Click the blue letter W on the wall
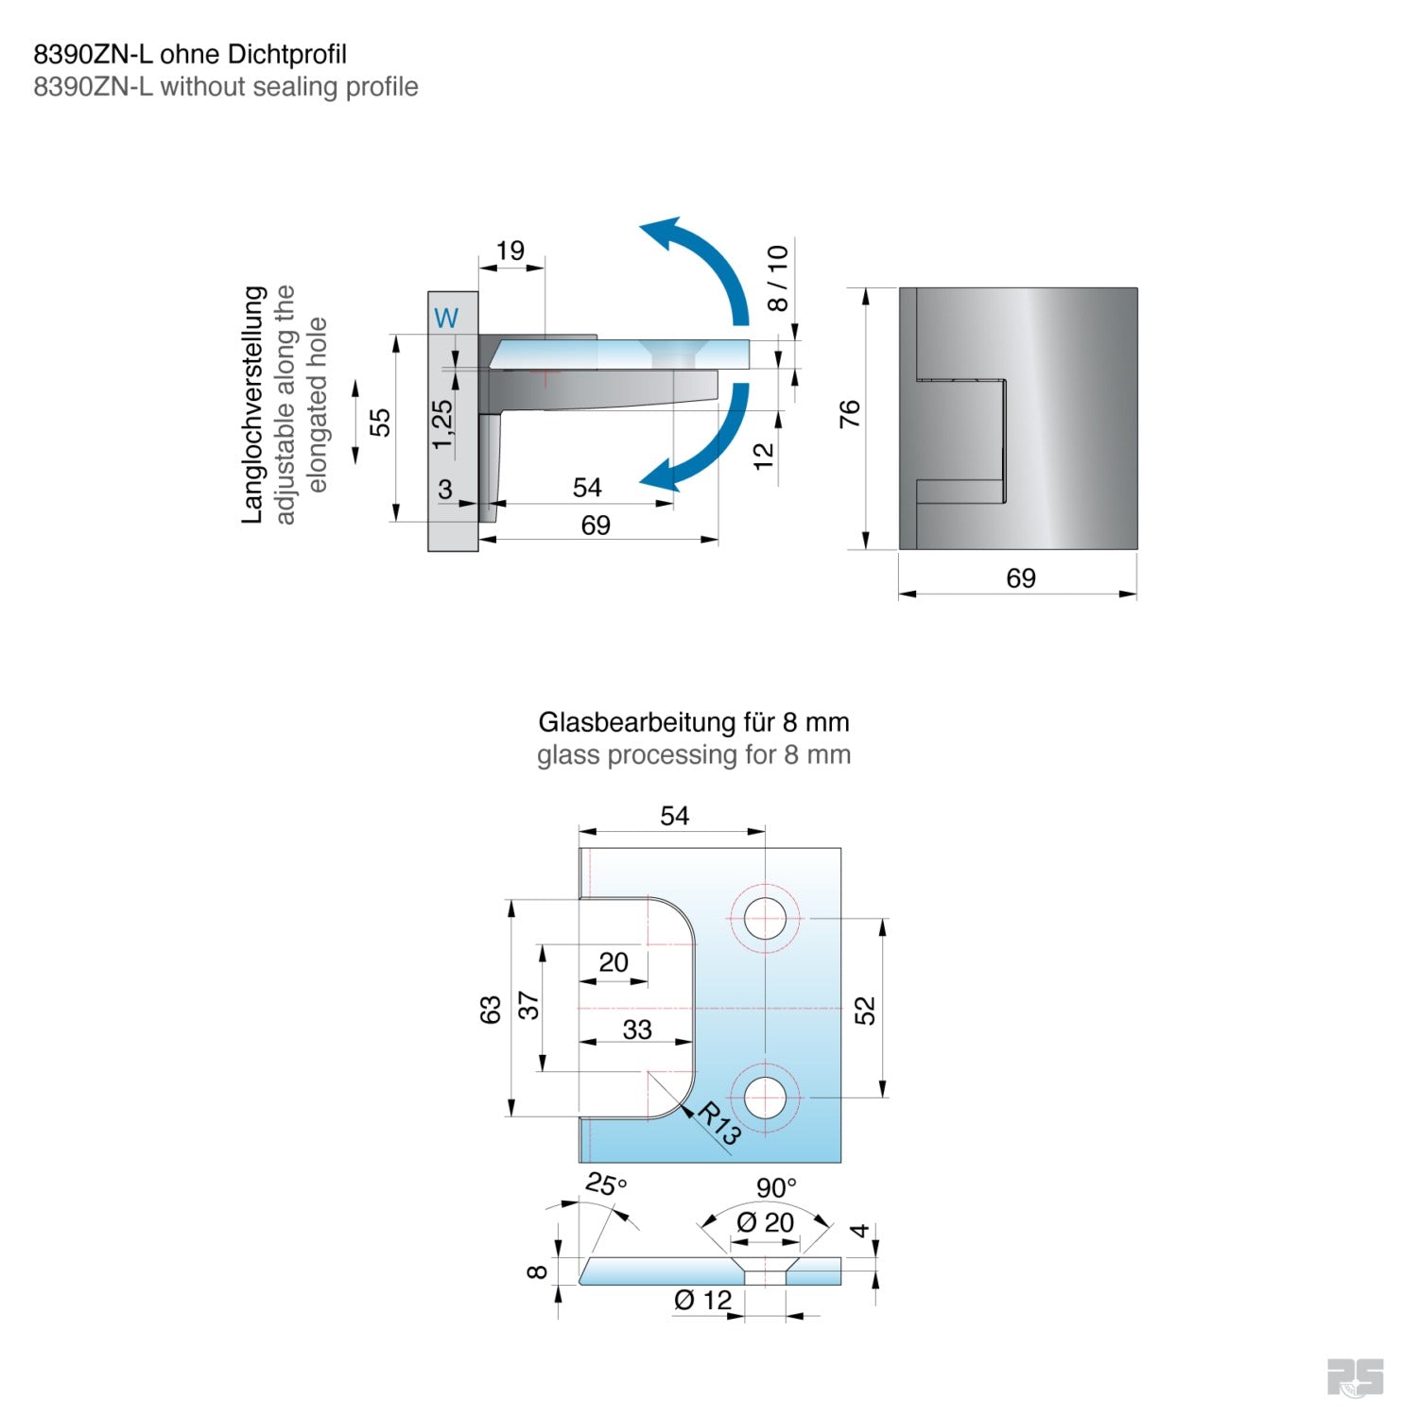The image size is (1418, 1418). click(446, 318)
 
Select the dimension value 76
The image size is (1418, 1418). click(850, 413)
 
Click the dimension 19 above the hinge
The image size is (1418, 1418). click(510, 251)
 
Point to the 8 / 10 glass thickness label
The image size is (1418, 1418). click(777, 278)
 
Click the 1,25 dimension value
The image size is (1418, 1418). click(442, 424)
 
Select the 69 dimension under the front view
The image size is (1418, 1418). click(1020, 578)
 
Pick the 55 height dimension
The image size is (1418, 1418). click(380, 422)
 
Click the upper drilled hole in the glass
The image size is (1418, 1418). click(765, 918)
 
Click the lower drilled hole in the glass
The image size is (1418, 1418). click(765, 1098)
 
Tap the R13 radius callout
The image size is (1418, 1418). click(718, 1124)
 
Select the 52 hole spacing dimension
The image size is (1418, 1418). click(865, 1010)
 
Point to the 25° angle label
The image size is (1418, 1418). click(605, 1185)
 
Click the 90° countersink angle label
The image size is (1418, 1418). click(776, 1187)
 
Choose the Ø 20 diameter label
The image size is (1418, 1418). click(765, 1222)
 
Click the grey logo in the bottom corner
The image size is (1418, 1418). click(1355, 1376)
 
